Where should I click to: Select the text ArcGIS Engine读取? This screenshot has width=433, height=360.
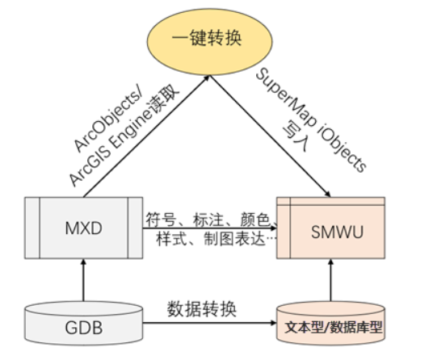(121, 137)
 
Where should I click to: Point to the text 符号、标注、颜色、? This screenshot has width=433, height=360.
(212, 217)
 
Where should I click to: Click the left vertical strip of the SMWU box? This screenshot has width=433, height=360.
(283, 229)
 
